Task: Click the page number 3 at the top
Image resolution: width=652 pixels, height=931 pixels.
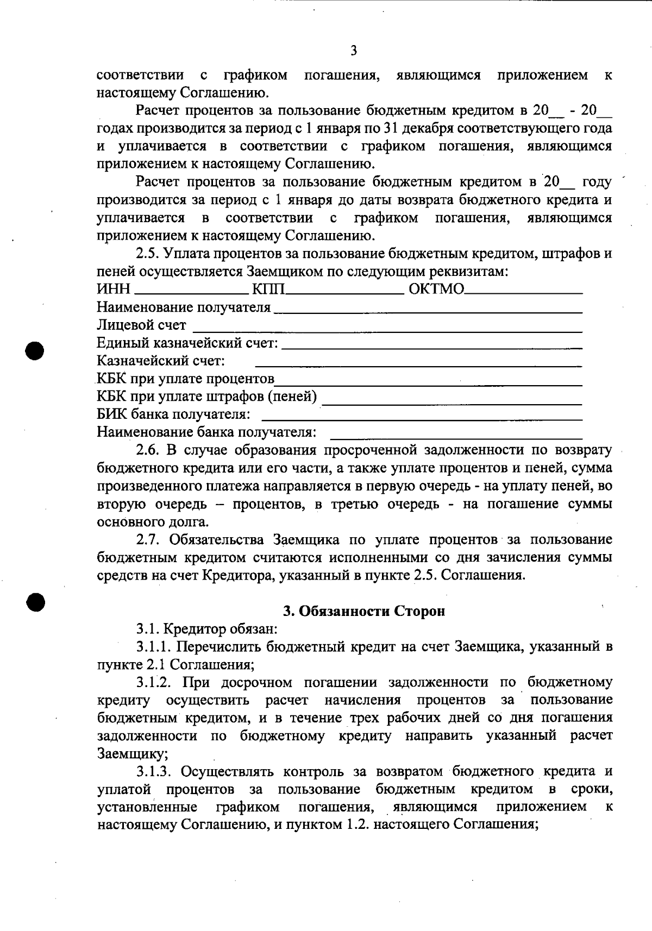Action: click(x=354, y=51)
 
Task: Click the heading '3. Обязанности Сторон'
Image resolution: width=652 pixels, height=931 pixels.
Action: click(x=364, y=611)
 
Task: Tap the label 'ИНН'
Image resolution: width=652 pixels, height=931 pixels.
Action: click(x=113, y=289)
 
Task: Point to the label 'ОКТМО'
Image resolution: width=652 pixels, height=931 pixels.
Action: click(x=436, y=289)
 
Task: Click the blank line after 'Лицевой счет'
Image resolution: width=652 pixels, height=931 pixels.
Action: click(x=387, y=330)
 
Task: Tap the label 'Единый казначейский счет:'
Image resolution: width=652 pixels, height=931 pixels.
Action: click(x=187, y=343)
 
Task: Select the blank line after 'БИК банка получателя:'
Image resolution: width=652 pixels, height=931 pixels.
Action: click(x=422, y=419)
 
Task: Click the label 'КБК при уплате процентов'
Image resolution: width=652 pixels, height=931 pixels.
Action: click(x=185, y=379)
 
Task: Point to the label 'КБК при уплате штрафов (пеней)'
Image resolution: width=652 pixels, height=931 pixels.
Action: click(x=206, y=397)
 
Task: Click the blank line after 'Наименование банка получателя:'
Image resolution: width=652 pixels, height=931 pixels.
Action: click(x=456, y=437)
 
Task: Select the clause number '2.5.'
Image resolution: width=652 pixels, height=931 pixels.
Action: click(x=147, y=254)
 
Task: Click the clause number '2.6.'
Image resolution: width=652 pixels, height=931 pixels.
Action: click(x=147, y=450)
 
